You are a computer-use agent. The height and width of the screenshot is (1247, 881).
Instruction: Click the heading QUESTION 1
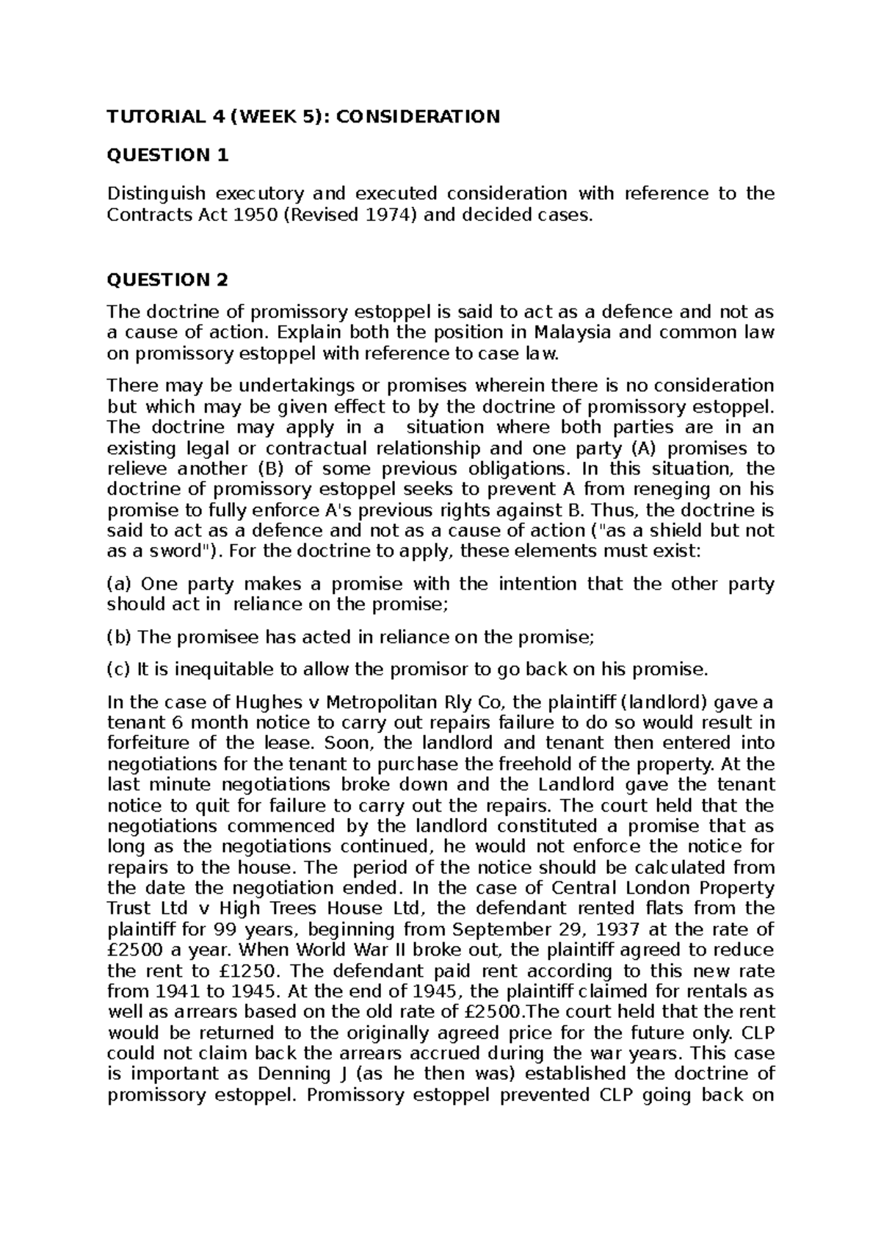pos(168,155)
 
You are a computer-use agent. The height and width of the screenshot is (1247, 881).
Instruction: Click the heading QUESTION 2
pos(168,280)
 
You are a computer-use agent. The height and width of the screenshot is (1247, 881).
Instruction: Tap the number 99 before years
pos(225,929)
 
